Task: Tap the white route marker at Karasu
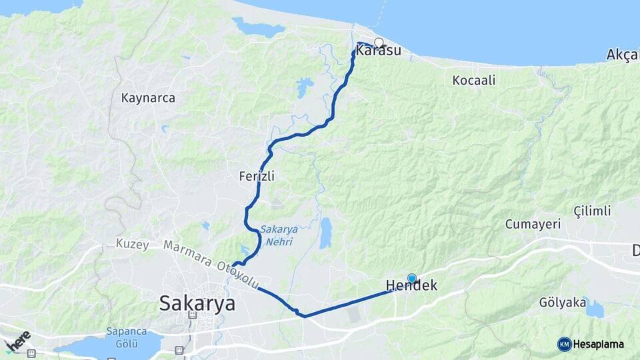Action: click(x=379, y=43)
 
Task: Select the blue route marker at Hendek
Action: click(x=411, y=279)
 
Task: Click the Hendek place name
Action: click(x=412, y=287)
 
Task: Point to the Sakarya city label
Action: click(x=197, y=304)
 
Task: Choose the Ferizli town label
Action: click(x=257, y=177)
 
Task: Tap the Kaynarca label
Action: click(x=148, y=98)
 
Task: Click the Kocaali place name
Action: click(x=474, y=81)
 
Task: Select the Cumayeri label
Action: click(x=533, y=224)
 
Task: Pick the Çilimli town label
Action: click(x=592, y=211)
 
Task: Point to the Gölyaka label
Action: click(x=562, y=303)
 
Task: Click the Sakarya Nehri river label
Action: click(x=276, y=235)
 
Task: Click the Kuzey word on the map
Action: click(x=132, y=244)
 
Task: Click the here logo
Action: click(x=18, y=340)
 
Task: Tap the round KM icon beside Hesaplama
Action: click(x=564, y=344)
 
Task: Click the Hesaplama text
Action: click(x=599, y=344)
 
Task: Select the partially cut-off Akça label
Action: click(x=623, y=55)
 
